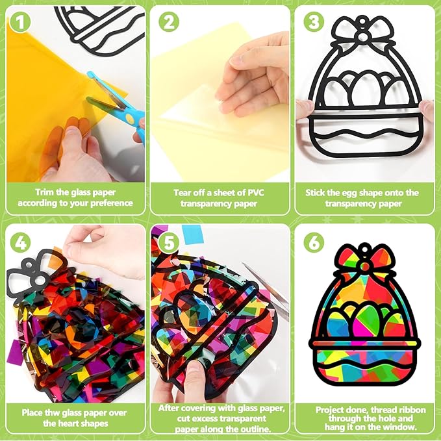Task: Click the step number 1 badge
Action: (x=19, y=23)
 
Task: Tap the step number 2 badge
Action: (x=169, y=22)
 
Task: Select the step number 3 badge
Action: (x=314, y=22)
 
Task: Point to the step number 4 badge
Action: (x=20, y=242)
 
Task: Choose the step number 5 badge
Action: (x=169, y=242)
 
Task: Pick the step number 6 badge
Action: (x=314, y=242)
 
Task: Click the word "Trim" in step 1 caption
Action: (x=44, y=192)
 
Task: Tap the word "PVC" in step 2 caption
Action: (x=256, y=193)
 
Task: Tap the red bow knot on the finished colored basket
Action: (x=365, y=266)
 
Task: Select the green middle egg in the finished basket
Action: (x=366, y=318)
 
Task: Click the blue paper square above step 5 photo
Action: (x=192, y=234)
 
